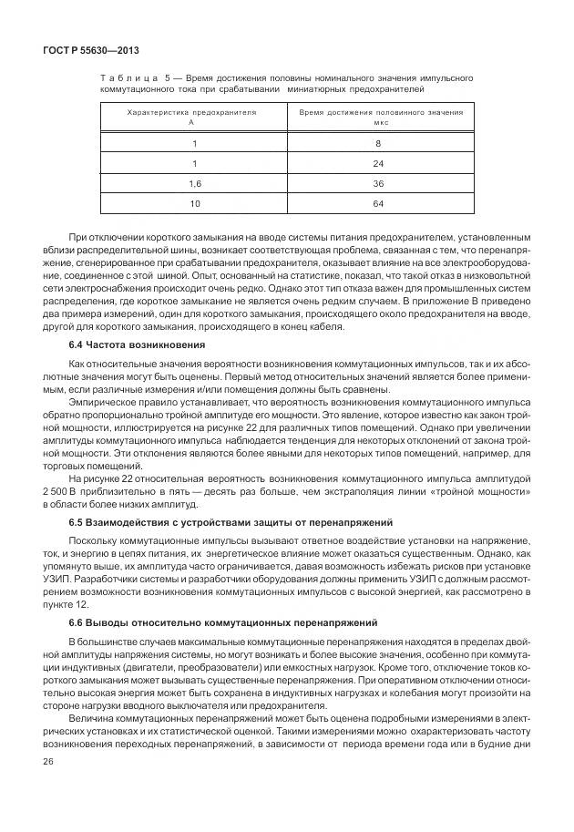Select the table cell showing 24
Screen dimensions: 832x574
pyautogui.click(x=377, y=164)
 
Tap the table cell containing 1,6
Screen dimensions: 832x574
pyautogui.click(x=193, y=183)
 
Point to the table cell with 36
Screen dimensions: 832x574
pyautogui.click(x=377, y=183)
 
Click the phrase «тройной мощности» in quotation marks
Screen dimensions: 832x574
pyautogui.click(x=496, y=490)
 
